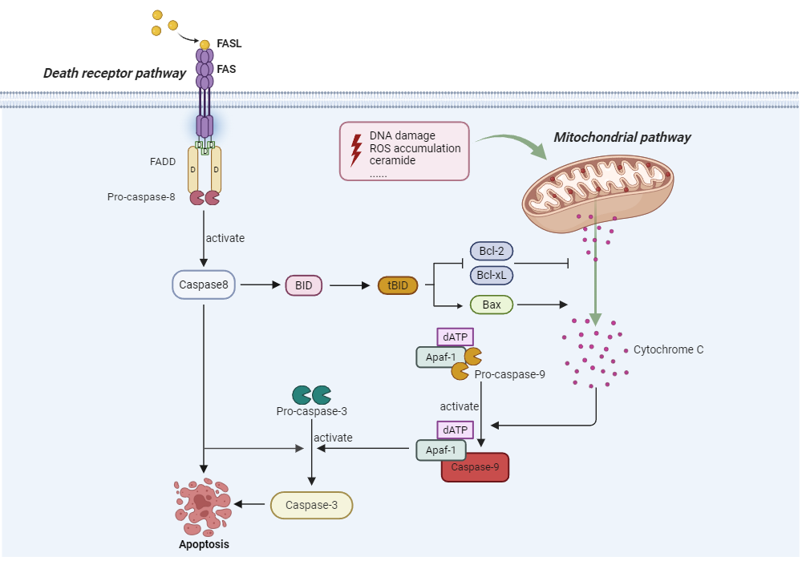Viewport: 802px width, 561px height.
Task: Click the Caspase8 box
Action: coord(204,284)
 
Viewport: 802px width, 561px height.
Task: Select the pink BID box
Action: coord(303,285)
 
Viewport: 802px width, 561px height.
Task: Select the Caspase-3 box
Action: coord(312,505)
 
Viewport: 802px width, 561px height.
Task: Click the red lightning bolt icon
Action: coord(356,150)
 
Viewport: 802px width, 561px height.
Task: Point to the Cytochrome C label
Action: coord(668,350)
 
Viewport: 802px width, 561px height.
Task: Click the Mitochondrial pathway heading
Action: coord(622,137)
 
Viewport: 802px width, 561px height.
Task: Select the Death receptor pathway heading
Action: coord(114,74)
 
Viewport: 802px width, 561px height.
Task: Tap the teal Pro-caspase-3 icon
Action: coord(312,394)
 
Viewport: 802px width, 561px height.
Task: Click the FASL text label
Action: coord(229,43)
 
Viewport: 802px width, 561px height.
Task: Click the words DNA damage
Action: coord(403,136)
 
